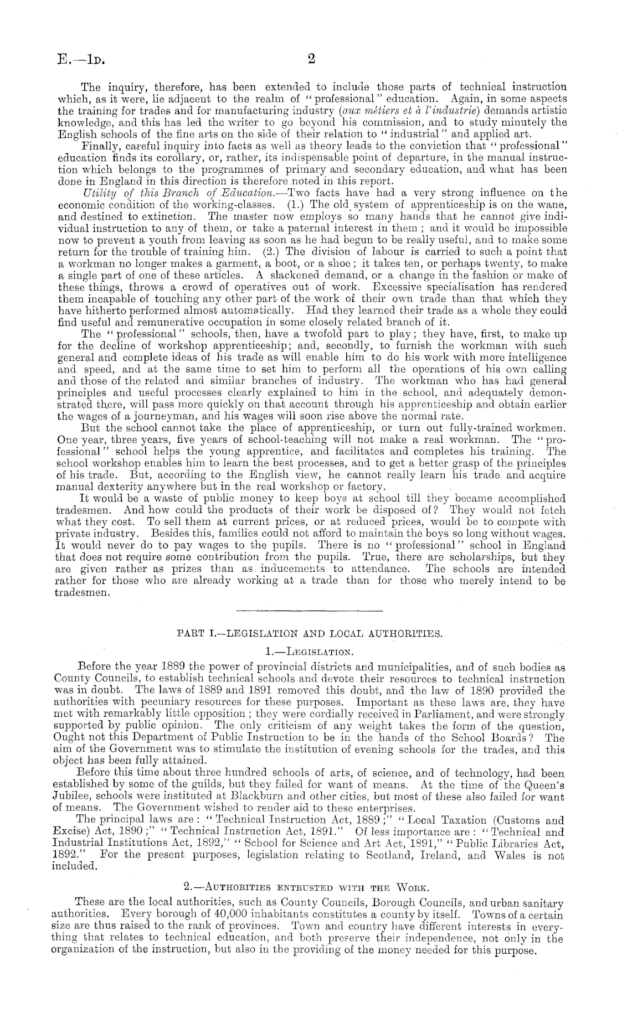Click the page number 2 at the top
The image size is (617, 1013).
[310, 59]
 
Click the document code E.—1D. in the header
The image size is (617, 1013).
[77, 59]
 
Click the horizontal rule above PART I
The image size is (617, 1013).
[309, 611]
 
